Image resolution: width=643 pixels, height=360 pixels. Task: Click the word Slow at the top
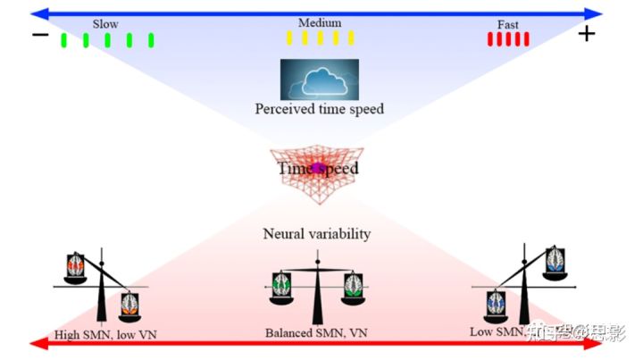point(105,23)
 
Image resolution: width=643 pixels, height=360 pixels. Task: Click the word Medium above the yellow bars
point(320,22)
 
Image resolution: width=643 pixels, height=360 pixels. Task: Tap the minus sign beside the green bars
point(39,36)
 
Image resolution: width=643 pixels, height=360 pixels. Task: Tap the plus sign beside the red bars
point(586,35)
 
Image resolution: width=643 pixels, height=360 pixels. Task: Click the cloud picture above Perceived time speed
point(319,80)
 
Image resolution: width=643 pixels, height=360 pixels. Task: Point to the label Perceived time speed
point(319,110)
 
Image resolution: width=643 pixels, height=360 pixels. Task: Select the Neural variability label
point(317,234)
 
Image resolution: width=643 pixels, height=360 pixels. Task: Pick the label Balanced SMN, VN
point(315,332)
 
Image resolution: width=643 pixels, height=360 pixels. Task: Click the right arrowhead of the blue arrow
point(597,13)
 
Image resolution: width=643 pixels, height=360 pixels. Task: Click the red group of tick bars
point(508,38)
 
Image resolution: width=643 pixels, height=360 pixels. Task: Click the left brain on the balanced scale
point(283,285)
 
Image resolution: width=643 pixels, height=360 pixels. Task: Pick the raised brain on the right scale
point(555,258)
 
